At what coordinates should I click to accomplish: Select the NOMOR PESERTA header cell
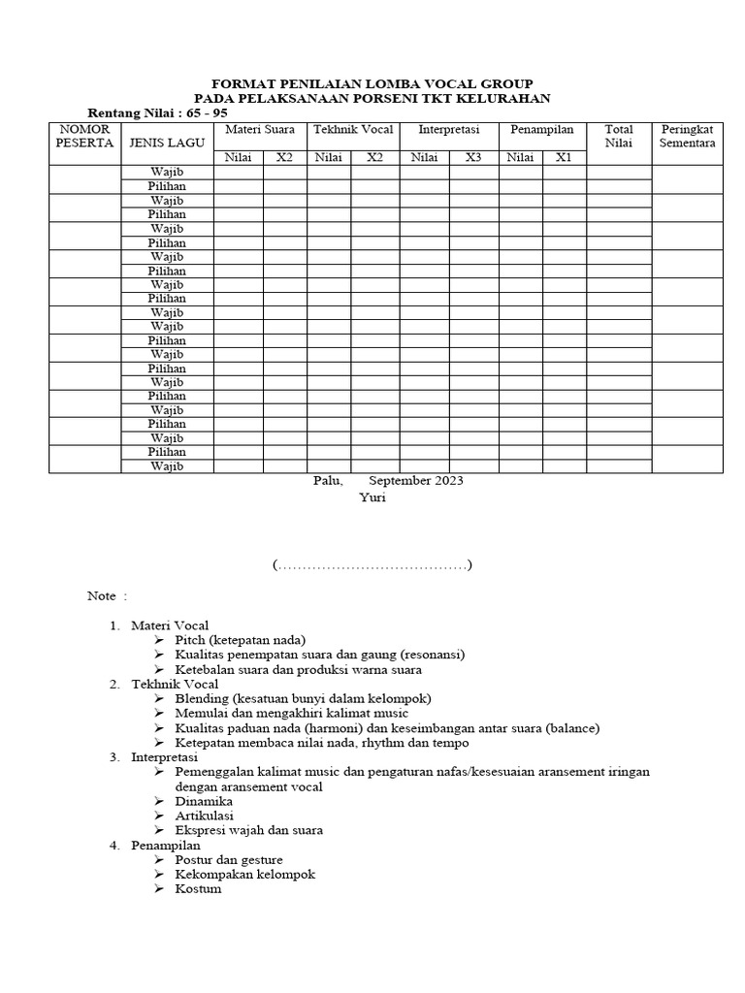click(x=84, y=136)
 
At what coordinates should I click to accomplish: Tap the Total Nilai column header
click(x=618, y=136)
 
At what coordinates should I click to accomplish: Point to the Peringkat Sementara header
click(x=687, y=136)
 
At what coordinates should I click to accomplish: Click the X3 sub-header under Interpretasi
click(x=472, y=158)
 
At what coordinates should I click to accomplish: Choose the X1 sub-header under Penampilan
click(x=564, y=158)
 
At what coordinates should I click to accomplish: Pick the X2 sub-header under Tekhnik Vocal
click(x=374, y=158)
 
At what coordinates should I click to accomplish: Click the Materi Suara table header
click(x=261, y=130)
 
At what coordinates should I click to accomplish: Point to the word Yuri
click(x=372, y=497)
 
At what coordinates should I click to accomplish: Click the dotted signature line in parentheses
click(x=372, y=564)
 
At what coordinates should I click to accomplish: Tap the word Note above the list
click(x=102, y=595)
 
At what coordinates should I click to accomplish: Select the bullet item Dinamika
click(x=204, y=801)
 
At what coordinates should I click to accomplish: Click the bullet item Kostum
click(x=198, y=888)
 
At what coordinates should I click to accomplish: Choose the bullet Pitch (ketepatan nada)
click(x=240, y=640)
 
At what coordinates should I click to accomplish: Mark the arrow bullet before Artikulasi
click(x=159, y=816)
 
